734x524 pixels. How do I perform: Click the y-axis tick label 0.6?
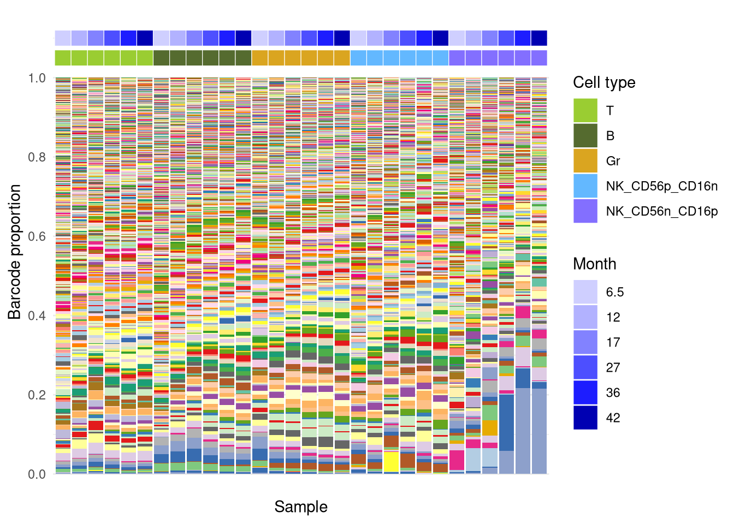37,236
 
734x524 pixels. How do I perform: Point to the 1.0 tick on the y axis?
37,78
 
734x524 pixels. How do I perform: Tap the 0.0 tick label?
37,474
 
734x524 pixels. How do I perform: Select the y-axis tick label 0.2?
37,395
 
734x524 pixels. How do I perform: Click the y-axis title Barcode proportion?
15,252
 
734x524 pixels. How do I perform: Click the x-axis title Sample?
301,507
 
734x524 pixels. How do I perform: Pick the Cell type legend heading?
604,82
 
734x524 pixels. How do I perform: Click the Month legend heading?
594,264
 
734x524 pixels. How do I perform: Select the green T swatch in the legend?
585,111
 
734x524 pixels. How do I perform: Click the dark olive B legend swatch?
585,136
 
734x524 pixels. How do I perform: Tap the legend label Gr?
613,161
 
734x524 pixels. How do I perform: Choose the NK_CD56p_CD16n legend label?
661,186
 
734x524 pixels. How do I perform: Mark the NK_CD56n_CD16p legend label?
661,211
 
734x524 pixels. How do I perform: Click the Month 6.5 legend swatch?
585,292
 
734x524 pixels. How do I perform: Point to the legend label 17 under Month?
613,342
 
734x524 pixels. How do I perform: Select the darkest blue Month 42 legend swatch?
585,418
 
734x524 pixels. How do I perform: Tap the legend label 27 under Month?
613,367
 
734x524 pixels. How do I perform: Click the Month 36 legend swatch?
585,392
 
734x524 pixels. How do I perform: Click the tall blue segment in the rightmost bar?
539,431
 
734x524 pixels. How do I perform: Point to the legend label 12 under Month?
613,317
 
